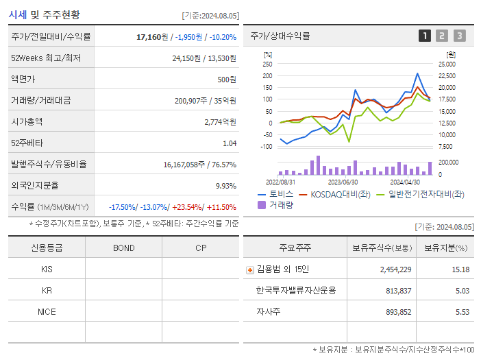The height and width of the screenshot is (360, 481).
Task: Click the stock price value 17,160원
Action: click(x=153, y=37)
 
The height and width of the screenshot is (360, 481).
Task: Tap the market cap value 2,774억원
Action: click(x=220, y=121)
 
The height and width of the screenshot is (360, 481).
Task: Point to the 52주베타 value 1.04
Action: click(x=230, y=143)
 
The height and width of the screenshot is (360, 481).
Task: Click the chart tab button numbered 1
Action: click(x=425, y=36)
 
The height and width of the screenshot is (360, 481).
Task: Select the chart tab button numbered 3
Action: click(x=459, y=36)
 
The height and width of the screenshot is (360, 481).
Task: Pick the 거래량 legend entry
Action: click(x=280, y=205)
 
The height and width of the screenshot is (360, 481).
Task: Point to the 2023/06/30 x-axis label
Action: click(x=343, y=182)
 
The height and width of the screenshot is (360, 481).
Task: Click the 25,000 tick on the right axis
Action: click(x=446, y=64)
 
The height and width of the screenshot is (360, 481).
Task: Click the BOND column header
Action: click(x=123, y=248)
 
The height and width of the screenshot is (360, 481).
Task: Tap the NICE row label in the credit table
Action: click(x=47, y=311)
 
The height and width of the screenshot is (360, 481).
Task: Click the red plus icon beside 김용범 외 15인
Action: click(x=249, y=269)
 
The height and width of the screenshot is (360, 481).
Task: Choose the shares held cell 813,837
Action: click(x=395, y=290)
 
